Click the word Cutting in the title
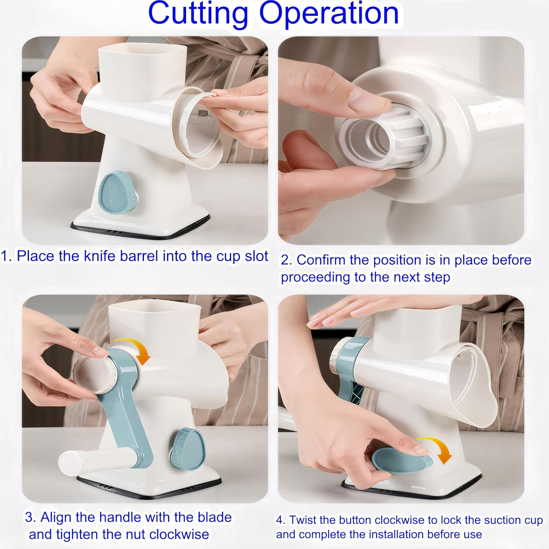coord(198,14)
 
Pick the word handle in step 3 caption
coord(120,517)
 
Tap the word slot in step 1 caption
coord(256,256)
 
